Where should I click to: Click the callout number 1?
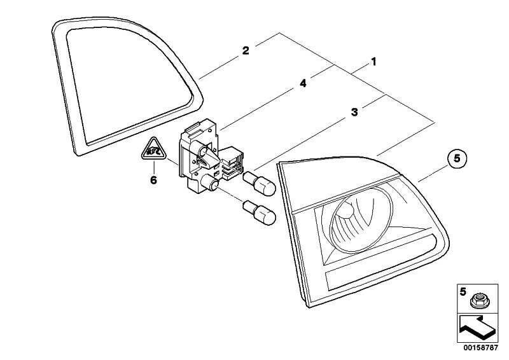tap(374, 62)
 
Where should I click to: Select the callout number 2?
tap(246, 50)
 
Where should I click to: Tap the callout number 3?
tap(354, 112)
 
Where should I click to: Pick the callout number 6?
tap(153, 180)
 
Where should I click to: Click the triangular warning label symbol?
tap(153, 151)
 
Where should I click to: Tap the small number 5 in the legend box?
tap(464, 292)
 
